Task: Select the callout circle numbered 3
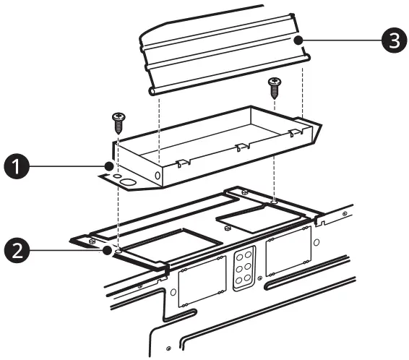point(391,40)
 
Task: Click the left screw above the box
point(118,121)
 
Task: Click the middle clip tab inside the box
point(242,147)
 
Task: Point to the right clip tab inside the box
point(293,133)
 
